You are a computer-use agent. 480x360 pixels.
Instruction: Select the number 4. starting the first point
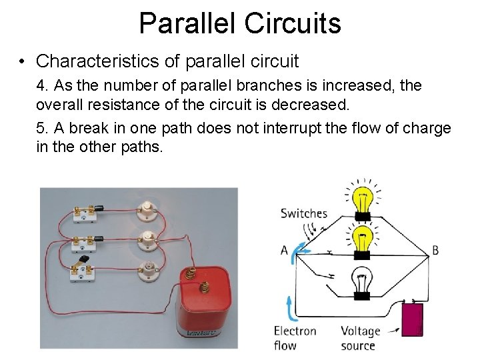pyautogui.click(x=43, y=86)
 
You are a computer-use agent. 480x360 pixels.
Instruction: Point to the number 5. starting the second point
pyautogui.click(x=43, y=128)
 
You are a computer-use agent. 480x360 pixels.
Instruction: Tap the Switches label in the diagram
pyautogui.click(x=304, y=213)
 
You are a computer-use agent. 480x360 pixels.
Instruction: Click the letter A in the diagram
pyautogui.click(x=284, y=251)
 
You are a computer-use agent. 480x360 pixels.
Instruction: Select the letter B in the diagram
pyautogui.click(x=435, y=251)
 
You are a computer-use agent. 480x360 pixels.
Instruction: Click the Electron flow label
pyautogui.click(x=295, y=338)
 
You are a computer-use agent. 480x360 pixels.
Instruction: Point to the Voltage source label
pyautogui.click(x=360, y=338)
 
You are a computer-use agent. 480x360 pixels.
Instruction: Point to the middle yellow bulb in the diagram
pyautogui.click(x=362, y=241)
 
